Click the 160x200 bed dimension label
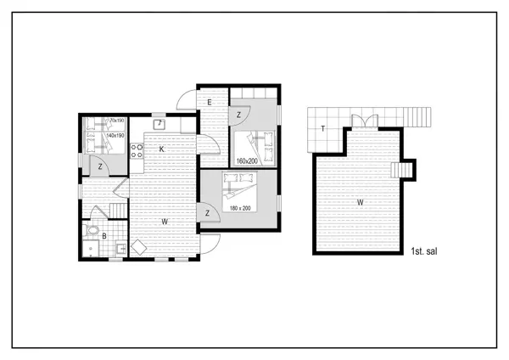tap(247, 160)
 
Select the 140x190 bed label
tap(116, 136)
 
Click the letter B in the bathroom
tap(104, 236)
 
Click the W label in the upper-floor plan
tap(360, 202)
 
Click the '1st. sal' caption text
tap(423, 252)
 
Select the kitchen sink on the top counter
tap(158, 124)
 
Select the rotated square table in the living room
tap(137, 247)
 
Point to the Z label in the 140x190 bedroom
tap(100, 166)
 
